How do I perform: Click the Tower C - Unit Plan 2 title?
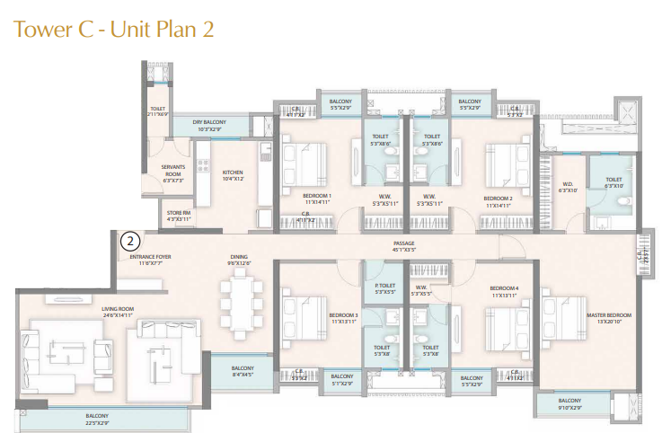(113, 29)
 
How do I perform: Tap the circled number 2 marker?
(130, 241)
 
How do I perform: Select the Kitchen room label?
(233, 175)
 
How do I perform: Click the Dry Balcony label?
(208, 125)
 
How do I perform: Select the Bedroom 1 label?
(316, 199)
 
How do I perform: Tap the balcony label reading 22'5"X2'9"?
(97, 418)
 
